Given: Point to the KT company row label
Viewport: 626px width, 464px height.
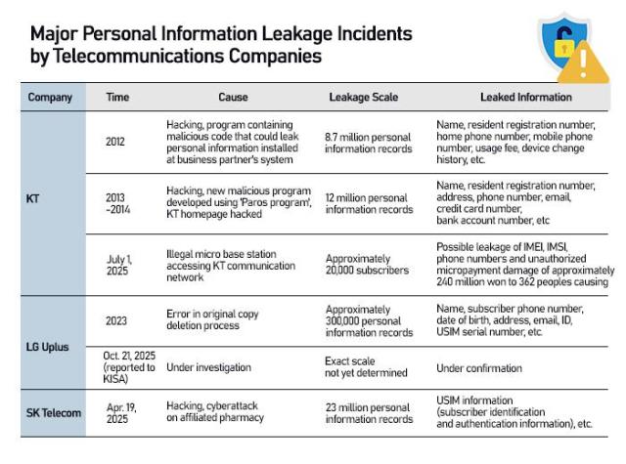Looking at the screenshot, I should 32,200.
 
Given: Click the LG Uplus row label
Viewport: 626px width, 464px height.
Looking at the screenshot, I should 47,347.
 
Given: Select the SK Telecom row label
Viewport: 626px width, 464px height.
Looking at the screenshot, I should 54,412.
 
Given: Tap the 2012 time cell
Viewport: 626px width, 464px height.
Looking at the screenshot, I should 115,142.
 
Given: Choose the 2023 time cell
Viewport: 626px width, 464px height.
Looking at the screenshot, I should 115,318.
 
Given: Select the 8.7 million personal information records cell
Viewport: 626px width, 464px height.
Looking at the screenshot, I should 369,142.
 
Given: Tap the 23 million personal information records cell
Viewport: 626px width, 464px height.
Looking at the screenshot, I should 369,412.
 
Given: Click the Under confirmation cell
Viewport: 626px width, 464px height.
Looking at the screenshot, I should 479,367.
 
